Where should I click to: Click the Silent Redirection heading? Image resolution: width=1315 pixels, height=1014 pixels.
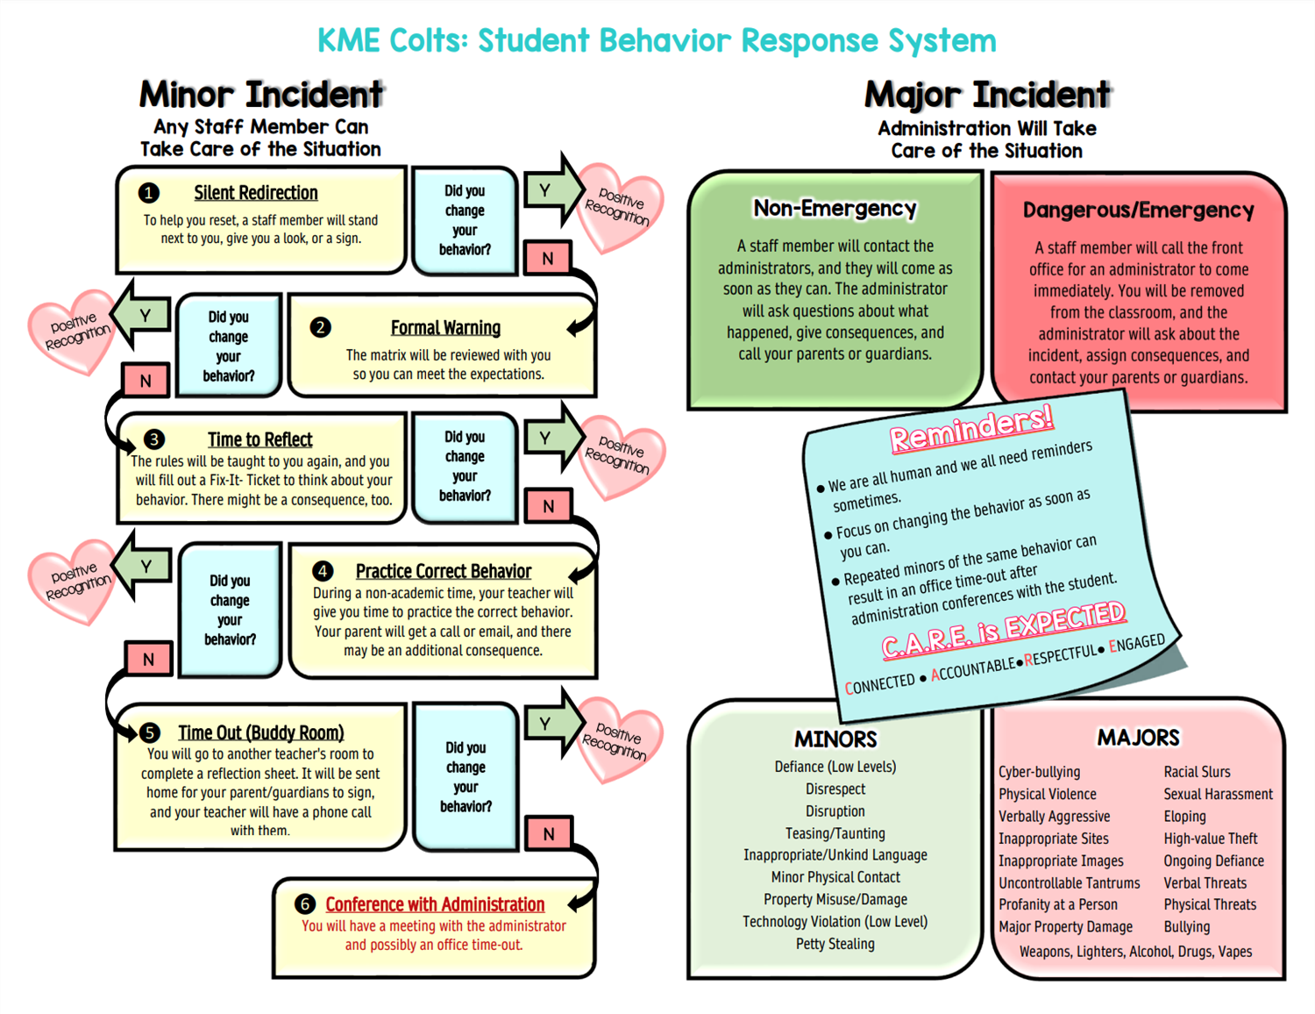coord(255,192)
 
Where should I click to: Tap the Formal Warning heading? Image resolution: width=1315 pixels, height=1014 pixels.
coord(445,327)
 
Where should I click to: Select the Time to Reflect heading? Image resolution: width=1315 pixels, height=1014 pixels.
coord(260,439)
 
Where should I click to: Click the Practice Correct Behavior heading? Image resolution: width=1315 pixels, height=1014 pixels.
coord(443,571)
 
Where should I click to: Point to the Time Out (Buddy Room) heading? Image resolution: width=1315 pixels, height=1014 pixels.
coord(261,732)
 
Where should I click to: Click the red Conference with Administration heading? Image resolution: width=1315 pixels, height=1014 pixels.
coord(435,903)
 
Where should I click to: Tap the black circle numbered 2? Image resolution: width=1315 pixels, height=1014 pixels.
coord(320,327)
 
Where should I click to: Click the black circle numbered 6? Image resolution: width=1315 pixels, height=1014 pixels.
coord(305,903)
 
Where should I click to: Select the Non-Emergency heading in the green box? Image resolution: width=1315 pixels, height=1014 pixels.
coord(835,208)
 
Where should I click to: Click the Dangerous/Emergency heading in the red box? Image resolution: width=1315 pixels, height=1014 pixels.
coord(1138,210)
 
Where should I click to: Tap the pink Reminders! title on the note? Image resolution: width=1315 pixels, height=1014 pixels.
coord(971,429)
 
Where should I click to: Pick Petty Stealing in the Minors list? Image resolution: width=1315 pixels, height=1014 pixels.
coord(835,943)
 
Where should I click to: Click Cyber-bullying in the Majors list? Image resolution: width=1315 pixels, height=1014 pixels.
coord(1039,772)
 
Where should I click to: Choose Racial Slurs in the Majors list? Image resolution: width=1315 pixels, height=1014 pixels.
coord(1197,772)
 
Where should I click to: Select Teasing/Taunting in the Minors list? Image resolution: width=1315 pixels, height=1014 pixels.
coord(835,833)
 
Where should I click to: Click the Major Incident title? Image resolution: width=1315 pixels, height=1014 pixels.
coord(987,95)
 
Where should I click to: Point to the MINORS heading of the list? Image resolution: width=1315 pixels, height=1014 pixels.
coord(835,739)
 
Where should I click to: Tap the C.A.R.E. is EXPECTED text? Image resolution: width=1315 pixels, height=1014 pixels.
coord(1004,630)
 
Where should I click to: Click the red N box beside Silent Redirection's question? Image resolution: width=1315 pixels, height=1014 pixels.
coord(548,259)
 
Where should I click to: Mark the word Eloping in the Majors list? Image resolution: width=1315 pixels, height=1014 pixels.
coord(1185,816)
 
